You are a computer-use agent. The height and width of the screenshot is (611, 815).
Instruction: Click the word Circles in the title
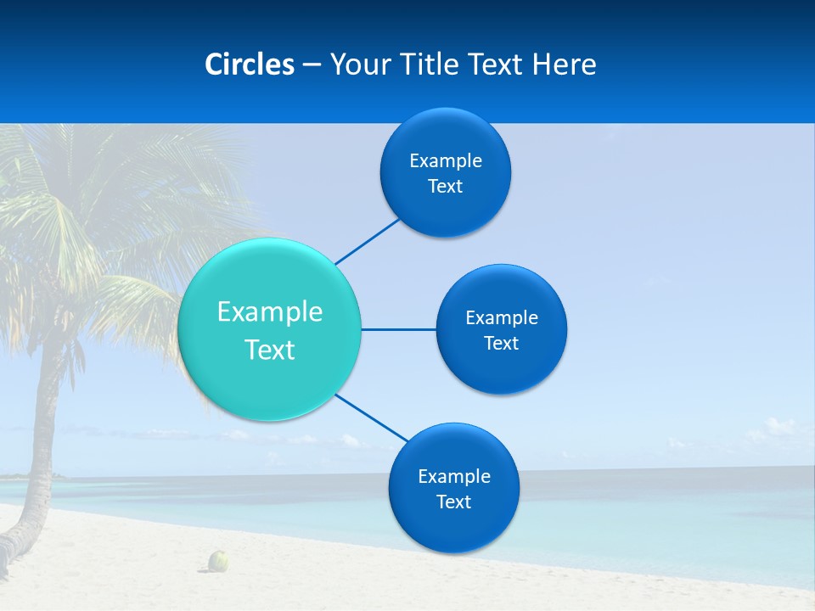(250, 64)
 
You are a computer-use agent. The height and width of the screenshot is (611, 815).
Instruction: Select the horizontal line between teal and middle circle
(398, 329)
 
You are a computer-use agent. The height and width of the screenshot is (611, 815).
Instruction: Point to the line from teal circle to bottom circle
(371, 418)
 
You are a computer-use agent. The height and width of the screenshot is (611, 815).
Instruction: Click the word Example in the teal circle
(270, 312)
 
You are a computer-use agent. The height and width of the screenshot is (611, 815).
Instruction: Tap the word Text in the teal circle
(270, 350)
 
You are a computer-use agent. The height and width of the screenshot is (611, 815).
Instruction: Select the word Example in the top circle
(446, 161)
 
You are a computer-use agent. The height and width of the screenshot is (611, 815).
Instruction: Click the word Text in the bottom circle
(453, 502)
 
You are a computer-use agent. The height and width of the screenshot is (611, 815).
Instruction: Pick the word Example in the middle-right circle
(502, 318)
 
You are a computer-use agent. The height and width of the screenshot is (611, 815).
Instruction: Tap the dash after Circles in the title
(312, 65)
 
